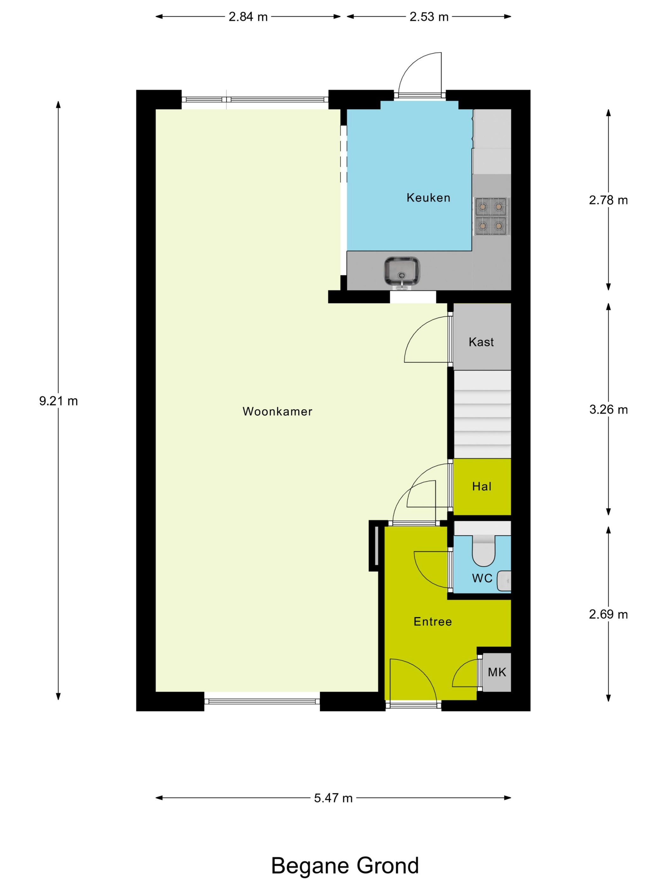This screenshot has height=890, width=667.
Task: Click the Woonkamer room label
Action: (277, 412)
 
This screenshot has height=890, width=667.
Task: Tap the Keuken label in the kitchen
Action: (428, 198)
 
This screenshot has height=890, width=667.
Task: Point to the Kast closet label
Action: (481, 342)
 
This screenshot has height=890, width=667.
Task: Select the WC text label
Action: (482, 578)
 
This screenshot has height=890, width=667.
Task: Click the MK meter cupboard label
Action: (497, 672)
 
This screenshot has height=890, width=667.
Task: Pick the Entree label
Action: (433, 622)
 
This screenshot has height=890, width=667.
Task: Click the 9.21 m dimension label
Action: (58, 401)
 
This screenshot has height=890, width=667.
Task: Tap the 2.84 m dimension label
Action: (248, 17)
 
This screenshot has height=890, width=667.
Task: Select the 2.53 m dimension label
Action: (429, 17)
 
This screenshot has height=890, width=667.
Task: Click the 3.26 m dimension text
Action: (608, 410)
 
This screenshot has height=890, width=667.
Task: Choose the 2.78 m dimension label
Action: (608, 200)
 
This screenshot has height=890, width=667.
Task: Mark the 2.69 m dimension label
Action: (608, 614)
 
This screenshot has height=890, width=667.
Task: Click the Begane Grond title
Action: (345, 866)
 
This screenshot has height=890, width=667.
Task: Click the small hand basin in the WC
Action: (504, 581)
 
